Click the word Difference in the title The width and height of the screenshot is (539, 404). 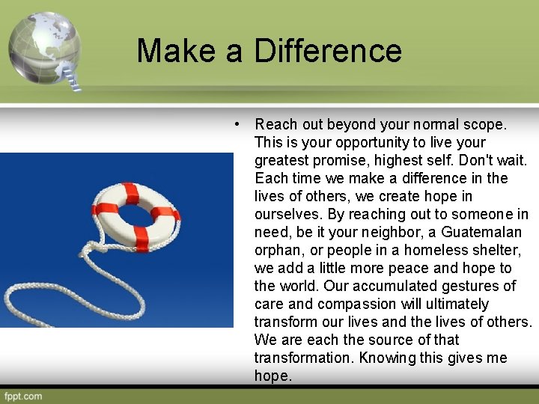328,51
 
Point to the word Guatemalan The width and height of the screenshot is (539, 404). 482,232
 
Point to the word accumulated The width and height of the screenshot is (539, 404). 389,286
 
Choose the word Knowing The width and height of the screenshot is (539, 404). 386,358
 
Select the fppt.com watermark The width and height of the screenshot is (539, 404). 23,396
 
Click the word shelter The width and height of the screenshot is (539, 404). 496,250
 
